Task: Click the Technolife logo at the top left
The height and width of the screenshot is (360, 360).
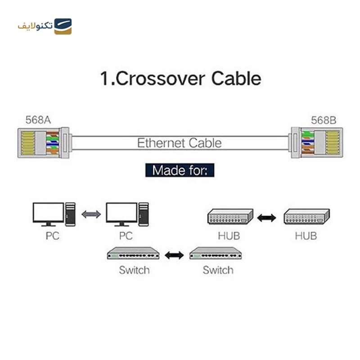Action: pos(45,26)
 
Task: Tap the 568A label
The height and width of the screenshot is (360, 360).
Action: pos(38,120)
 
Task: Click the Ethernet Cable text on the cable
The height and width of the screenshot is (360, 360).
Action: pos(179,143)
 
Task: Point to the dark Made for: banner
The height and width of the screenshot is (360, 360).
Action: pos(180,171)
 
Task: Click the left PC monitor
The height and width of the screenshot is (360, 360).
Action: pos(49,214)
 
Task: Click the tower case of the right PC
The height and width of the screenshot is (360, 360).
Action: pos(143,214)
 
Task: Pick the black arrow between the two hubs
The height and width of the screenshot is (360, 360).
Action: pos(267,218)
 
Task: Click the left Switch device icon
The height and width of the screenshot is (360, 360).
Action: pos(133,254)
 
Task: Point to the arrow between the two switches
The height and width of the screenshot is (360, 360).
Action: pos(175,255)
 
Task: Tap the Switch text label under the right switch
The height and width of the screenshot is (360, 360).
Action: pos(218,270)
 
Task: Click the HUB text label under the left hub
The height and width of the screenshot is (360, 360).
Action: pos(229,235)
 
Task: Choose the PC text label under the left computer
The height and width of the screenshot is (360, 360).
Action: pos(53,235)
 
